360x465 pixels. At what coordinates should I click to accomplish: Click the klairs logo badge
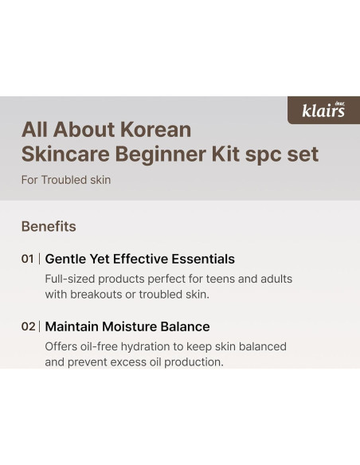pos(323,110)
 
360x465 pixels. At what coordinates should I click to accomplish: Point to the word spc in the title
pos(258,154)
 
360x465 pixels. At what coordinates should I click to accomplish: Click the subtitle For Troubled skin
pos(66,180)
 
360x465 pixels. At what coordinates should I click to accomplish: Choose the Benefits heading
pos(49,226)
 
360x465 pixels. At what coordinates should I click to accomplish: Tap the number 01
pos(28,259)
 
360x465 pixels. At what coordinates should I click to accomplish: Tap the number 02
pos(28,326)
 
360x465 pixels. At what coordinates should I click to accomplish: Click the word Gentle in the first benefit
pos(67,259)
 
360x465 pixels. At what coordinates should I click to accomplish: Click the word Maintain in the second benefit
pos(73,326)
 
